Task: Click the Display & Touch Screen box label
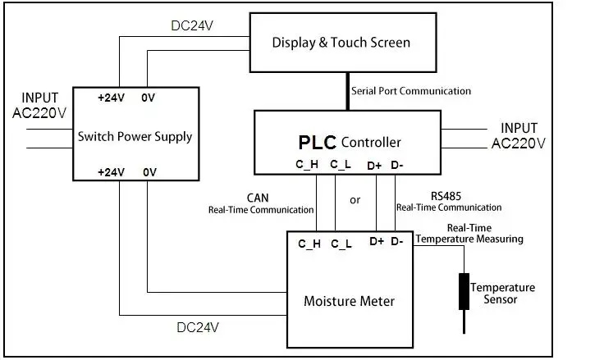pos(341,43)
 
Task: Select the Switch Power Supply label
pos(135,135)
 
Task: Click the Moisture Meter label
pos(349,301)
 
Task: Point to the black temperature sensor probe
pos(464,292)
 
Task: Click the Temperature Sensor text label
pos(502,294)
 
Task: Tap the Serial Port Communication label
pos(411,91)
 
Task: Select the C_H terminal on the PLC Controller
pos(308,165)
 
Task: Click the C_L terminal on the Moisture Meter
pos(342,244)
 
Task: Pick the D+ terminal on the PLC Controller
pos(375,165)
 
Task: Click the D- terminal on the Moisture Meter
pos(396,241)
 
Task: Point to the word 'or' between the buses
pos(355,199)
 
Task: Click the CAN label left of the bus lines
pos(257,197)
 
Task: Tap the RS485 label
pos(446,195)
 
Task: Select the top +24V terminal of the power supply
pos(111,97)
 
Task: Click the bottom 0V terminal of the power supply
pos(150,172)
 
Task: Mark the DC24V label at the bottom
pos(198,327)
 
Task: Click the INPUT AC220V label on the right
pos(519,135)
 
